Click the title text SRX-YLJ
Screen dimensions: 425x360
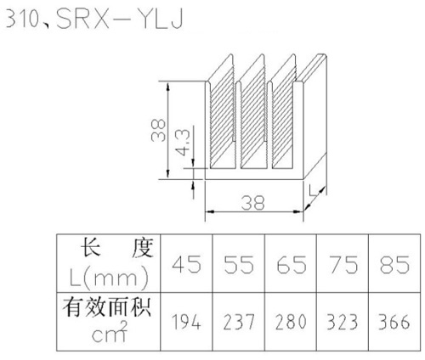point(120,19)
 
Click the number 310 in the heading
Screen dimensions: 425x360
point(22,19)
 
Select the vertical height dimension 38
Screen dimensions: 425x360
point(158,131)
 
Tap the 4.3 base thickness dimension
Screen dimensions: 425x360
point(182,142)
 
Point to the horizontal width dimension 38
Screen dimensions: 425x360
point(253,203)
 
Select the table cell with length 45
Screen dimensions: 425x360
point(187,264)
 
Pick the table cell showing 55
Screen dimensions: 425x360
point(239,264)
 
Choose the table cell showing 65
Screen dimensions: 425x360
point(292,264)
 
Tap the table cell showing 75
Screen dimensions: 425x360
point(343,264)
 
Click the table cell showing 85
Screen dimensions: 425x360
point(395,264)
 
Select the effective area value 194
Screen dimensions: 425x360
point(187,322)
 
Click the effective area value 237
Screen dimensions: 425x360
point(239,322)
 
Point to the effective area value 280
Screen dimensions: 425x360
point(292,322)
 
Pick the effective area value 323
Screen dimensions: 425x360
point(343,322)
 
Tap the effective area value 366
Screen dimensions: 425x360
point(394,322)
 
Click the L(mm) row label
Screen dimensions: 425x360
point(109,278)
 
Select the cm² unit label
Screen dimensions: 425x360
point(110,333)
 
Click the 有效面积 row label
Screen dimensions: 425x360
point(107,307)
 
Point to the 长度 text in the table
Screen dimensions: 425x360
point(117,248)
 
